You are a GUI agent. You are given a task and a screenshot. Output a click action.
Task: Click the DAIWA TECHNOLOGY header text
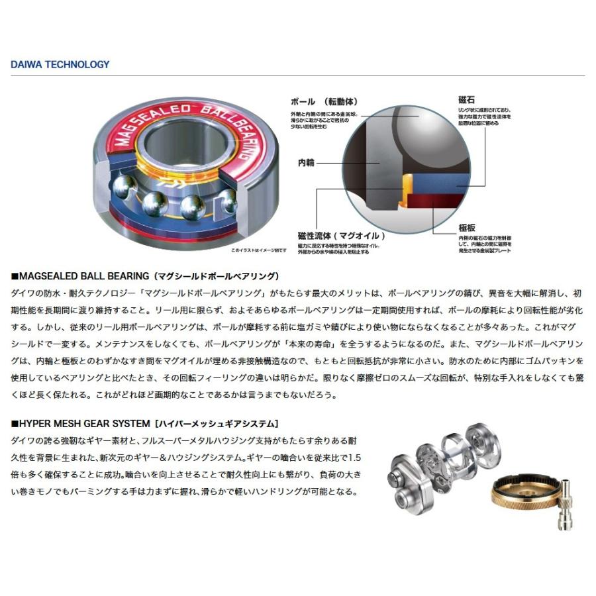click(60, 65)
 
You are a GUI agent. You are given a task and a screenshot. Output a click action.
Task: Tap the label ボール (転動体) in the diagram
click(324, 102)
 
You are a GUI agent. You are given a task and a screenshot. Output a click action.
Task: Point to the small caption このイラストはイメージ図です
click(258, 250)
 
